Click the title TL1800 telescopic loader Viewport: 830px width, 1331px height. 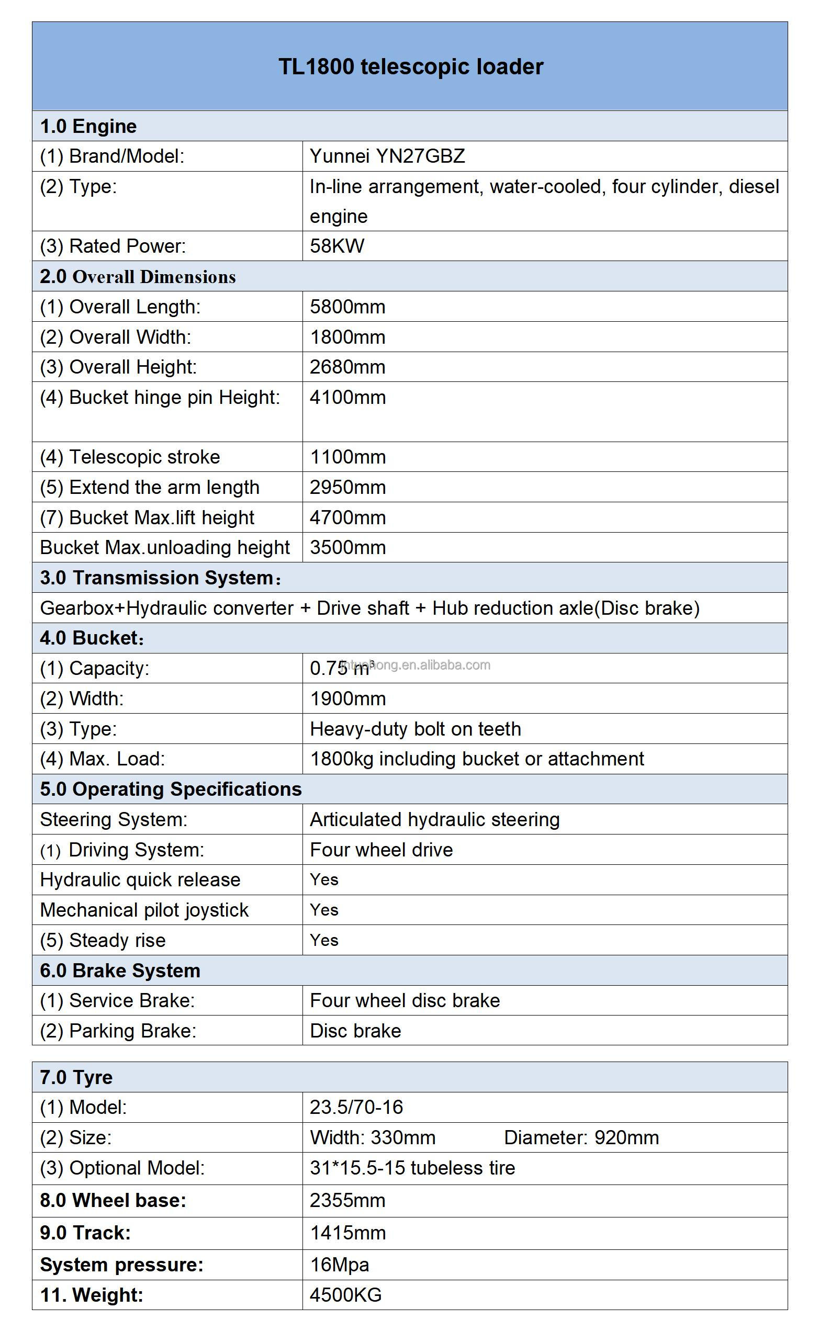(x=411, y=67)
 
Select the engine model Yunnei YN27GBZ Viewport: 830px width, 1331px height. (x=387, y=156)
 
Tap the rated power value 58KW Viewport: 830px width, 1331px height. (x=337, y=246)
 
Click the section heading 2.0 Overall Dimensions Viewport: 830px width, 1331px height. (x=138, y=277)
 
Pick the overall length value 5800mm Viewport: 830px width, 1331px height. (x=347, y=307)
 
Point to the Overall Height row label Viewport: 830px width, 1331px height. (x=118, y=367)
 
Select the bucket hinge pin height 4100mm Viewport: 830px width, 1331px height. (x=347, y=397)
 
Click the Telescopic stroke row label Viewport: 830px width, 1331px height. (x=130, y=457)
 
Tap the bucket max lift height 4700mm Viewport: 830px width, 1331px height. (x=347, y=517)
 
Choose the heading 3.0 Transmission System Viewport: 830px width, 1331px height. (x=160, y=578)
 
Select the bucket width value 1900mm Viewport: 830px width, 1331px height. (x=347, y=698)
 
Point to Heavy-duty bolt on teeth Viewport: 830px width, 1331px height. (x=415, y=729)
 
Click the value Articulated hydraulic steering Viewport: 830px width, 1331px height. (x=435, y=819)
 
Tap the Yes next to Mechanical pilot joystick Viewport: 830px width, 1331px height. (x=324, y=910)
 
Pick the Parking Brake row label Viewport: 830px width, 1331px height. (x=118, y=1030)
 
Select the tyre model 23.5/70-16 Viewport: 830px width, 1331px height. (x=356, y=1107)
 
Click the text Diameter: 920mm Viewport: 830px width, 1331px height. (x=581, y=1137)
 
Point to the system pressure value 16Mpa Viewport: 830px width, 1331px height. (x=339, y=1264)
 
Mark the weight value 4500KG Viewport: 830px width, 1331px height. (x=345, y=1295)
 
